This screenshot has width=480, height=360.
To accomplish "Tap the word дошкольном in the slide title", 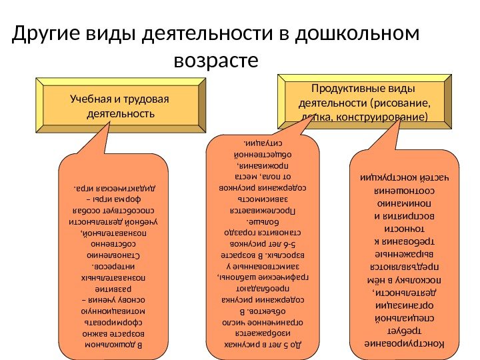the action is point(363,34).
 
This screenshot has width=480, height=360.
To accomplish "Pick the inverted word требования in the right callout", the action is point(401,241).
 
